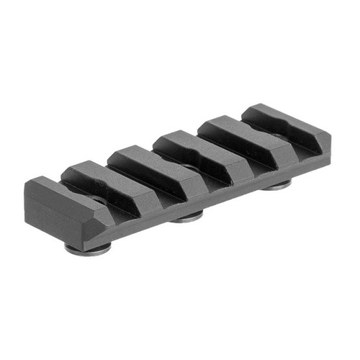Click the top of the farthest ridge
(x=270, y=114)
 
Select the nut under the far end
(x=277, y=184)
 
